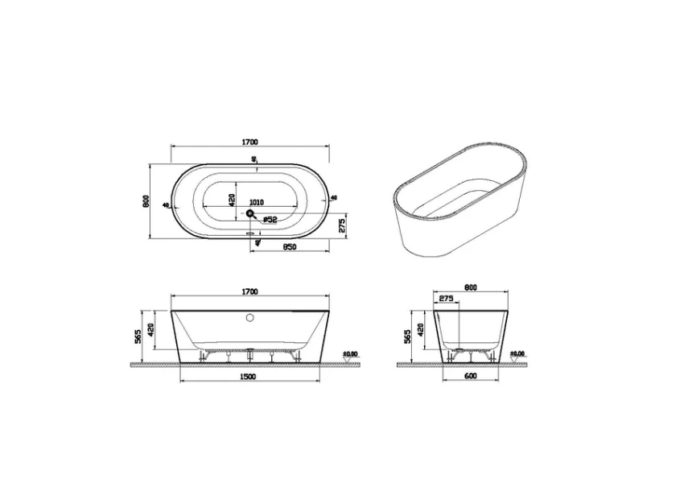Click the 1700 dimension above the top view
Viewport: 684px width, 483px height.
[x=249, y=142]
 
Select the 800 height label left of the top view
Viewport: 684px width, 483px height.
[x=146, y=201]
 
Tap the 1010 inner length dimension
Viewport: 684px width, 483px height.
[x=257, y=202]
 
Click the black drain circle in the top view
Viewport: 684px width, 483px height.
[x=250, y=214]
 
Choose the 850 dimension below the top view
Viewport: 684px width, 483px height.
[x=290, y=247]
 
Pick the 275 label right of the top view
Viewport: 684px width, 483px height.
[x=342, y=225]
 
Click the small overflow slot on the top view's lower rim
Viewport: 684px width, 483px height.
[x=250, y=236]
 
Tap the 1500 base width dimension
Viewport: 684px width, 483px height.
[x=249, y=377]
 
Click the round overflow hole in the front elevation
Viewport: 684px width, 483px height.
[x=249, y=318]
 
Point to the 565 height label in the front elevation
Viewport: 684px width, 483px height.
[x=138, y=333]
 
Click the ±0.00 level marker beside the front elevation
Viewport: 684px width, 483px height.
[x=350, y=353]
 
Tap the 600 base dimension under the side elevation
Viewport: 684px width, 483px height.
[x=471, y=377]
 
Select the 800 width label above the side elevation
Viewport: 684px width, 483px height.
[x=471, y=287]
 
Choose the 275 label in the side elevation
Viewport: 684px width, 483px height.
[x=447, y=299]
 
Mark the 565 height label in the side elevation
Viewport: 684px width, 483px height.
[x=407, y=333]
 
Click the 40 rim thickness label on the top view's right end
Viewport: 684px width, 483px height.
[x=333, y=196]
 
